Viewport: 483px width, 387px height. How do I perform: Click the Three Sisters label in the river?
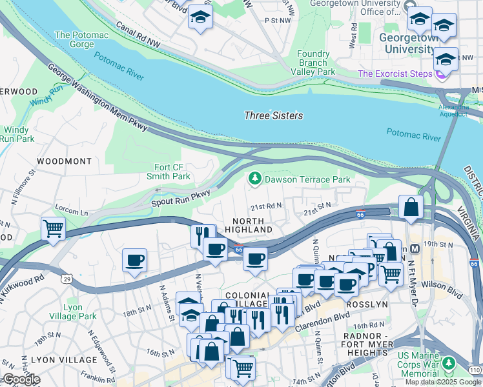273,115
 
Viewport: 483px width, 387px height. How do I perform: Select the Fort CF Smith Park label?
169,172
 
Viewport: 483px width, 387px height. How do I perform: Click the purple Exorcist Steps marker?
441,74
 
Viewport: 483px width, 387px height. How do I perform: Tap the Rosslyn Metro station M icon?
415,248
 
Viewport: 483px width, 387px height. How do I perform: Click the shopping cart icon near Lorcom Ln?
53,228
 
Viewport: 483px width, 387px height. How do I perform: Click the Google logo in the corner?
21,379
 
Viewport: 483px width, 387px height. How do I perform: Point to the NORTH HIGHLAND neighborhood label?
248,224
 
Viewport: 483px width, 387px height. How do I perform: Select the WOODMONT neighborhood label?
64,161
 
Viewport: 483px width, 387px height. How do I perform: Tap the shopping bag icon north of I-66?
411,207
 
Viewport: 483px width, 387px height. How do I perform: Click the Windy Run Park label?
17,134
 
